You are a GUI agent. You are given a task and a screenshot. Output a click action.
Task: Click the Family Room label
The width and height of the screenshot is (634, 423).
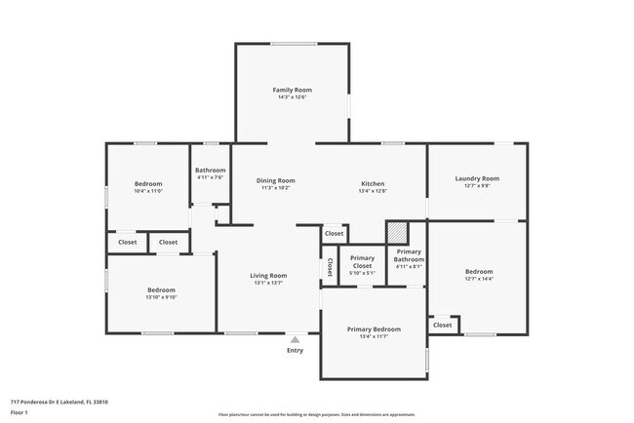(x=292, y=90)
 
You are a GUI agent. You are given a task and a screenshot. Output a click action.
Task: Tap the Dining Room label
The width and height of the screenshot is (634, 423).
(x=275, y=180)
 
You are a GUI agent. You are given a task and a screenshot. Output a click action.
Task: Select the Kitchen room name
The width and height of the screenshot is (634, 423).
(x=374, y=183)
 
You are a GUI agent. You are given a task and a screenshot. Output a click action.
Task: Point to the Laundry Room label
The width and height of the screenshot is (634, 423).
(x=477, y=178)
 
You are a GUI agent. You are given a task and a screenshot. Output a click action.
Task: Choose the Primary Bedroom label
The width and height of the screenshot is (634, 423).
(x=374, y=329)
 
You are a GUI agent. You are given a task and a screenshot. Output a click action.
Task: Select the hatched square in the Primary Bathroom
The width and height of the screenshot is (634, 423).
(x=397, y=232)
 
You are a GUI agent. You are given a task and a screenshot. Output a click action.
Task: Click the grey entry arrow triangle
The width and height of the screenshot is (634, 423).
(x=295, y=339)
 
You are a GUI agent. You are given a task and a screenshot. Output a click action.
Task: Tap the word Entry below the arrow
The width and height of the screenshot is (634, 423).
(x=295, y=351)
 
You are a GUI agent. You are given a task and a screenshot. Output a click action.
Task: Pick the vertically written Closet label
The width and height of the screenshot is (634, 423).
(x=330, y=266)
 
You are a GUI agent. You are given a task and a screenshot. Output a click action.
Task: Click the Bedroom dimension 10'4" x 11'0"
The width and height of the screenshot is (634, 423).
(x=148, y=191)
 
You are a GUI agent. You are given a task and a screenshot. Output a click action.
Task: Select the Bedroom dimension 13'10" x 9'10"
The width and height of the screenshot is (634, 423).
(x=161, y=297)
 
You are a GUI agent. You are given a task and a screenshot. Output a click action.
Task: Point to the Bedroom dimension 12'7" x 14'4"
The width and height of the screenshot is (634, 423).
(x=478, y=279)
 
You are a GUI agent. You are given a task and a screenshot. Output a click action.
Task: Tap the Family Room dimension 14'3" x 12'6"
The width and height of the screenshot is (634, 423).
(x=292, y=97)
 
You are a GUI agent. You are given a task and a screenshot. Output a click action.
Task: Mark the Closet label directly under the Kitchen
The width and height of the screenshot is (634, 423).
(x=334, y=234)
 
